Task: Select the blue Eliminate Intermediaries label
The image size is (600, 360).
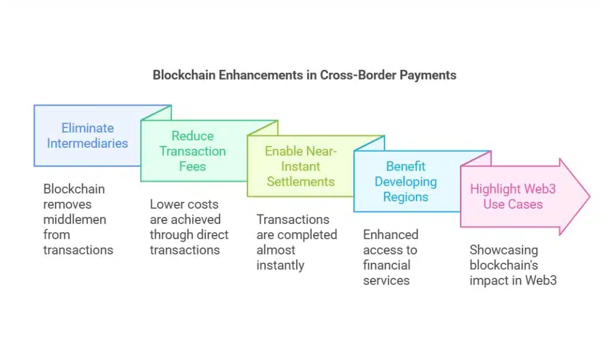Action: tap(87, 135)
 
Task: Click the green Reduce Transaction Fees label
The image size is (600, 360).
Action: tap(193, 151)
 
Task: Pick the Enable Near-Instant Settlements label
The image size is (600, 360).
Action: tap(301, 166)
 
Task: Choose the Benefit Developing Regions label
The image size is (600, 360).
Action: tap(405, 181)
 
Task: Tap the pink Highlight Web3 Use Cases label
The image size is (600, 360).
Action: tap(513, 196)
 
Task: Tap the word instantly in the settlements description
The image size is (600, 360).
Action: tap(280, 265)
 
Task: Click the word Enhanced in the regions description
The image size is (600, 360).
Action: tap(390, 235)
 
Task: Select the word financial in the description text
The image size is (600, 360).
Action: tap(386, 265)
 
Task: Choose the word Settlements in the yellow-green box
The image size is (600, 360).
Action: tap(301, 181)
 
